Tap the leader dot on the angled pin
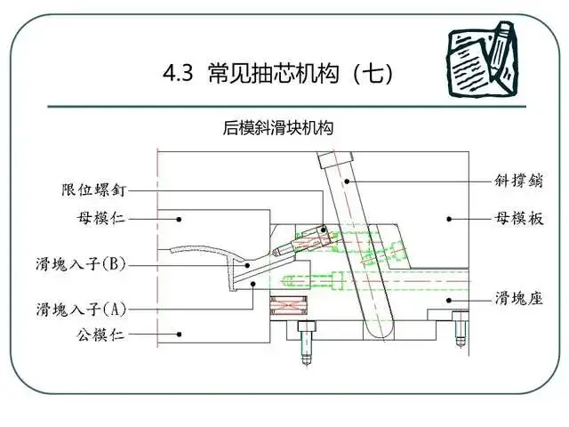[351, 181]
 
